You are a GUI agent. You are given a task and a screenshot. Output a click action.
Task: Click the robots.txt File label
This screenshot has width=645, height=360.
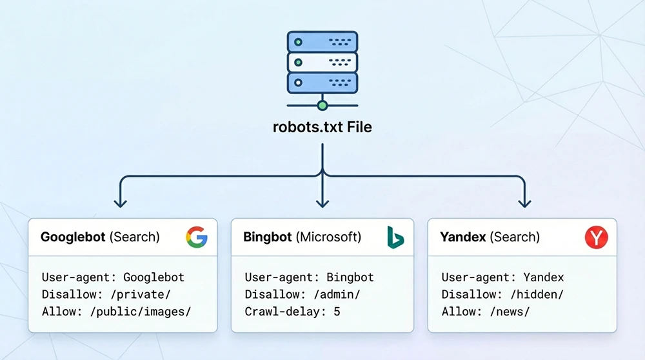322,126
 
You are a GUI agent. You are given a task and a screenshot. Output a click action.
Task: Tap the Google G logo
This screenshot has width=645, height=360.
197,237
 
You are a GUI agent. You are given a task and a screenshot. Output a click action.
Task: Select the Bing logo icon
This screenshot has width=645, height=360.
395,237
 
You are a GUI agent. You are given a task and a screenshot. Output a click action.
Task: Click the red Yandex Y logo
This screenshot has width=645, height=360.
596,237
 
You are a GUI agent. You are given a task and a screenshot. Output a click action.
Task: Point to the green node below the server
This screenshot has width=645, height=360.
322,105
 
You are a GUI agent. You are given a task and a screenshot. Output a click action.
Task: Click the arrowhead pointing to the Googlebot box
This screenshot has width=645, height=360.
120,203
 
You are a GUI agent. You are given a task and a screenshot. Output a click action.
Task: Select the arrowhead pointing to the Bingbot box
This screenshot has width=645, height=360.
322,203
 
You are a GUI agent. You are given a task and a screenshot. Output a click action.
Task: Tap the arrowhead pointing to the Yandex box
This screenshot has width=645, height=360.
525,203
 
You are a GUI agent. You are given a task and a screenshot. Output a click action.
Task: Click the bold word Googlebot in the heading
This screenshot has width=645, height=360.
73,237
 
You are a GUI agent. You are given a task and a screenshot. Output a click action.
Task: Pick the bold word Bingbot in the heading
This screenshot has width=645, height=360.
267,237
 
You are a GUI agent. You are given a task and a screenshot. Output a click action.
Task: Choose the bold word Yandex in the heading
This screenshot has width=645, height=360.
462,237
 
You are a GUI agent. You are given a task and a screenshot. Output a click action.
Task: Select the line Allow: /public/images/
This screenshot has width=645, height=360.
117,312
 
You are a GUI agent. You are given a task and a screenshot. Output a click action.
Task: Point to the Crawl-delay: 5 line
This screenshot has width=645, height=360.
292,312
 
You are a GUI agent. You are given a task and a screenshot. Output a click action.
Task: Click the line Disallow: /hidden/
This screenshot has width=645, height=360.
502,295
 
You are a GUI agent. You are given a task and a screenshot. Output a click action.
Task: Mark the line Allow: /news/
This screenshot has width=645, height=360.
485,312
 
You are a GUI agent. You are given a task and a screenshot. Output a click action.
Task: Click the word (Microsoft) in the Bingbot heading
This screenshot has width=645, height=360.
328,237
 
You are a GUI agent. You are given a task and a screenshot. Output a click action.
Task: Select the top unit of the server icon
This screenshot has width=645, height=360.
322,42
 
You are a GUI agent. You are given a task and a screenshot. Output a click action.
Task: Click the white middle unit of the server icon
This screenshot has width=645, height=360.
322,62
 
